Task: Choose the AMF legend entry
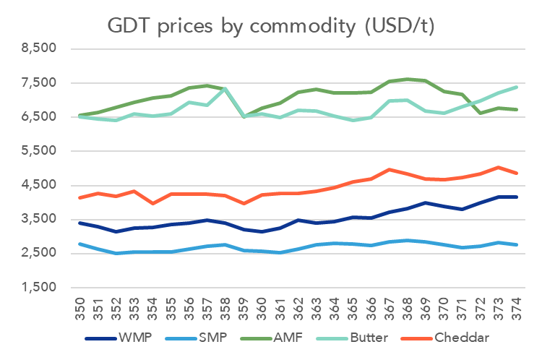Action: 293,338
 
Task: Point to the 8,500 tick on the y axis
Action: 39,48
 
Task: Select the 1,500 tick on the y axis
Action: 39,287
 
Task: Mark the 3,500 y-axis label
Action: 39,219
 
